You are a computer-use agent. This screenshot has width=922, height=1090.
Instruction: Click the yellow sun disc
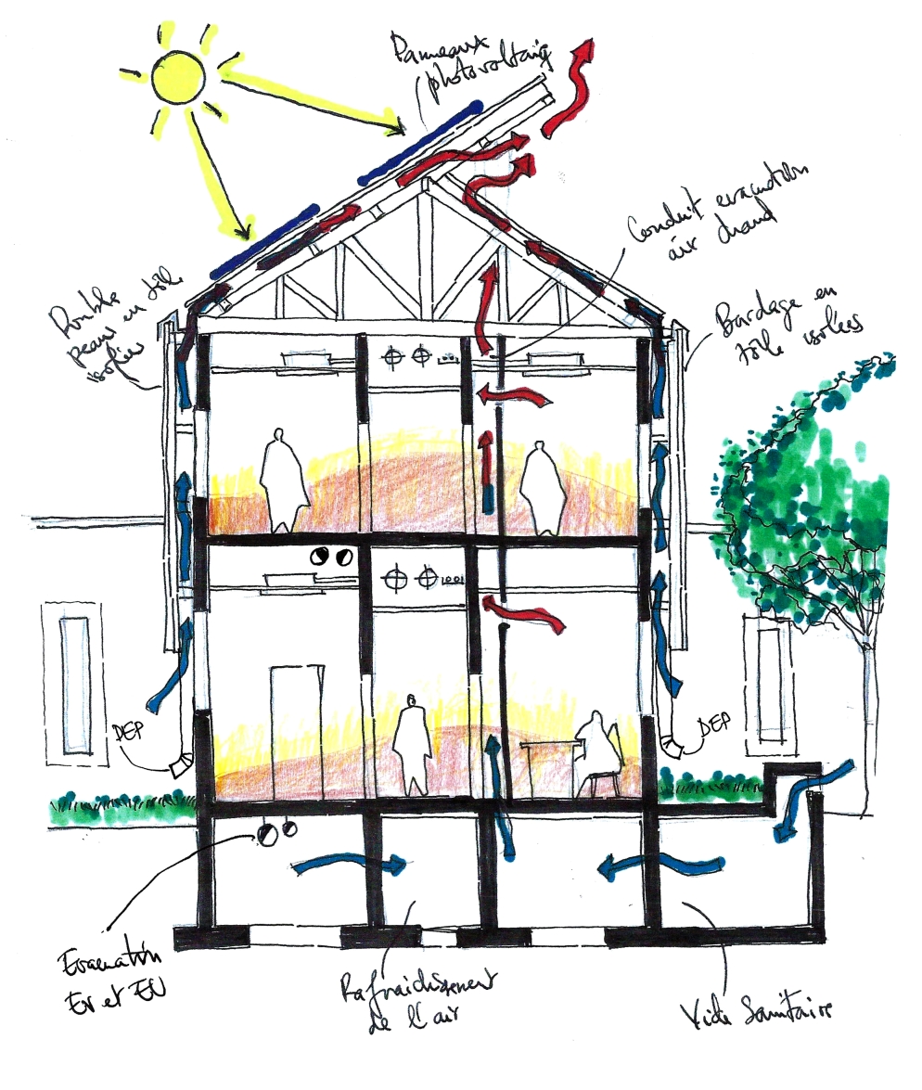tap(175, 78)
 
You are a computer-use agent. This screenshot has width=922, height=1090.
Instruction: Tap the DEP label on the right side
tap(711, 727)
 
